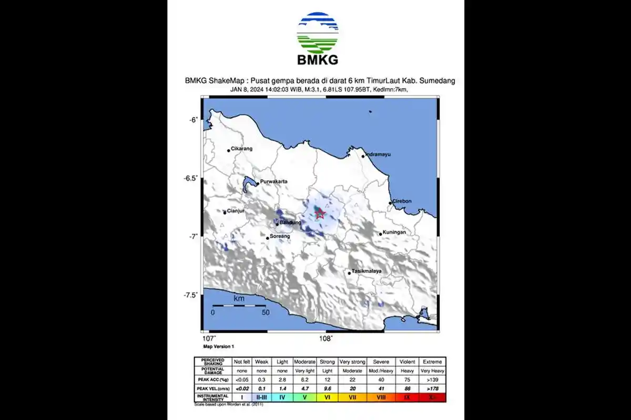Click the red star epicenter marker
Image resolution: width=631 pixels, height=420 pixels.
pyautogui.click(x=319, y=213)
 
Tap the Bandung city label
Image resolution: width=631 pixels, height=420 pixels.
pyautogui.click(x=290, y=223)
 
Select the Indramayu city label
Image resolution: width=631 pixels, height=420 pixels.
pyautogui.click(x=379, y=155)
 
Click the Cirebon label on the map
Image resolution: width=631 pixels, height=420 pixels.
pyautogui.click(x=402, y=201)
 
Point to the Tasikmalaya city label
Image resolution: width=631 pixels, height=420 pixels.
pyautogui.click(x=366, y=271)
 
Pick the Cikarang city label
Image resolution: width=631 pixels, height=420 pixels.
pyautogui.click(x=242, y=149)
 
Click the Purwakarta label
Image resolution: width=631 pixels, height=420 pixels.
pyautogui.click(x=274, y=181)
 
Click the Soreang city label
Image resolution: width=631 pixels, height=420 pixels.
pyautogui.click(x=280, y=237)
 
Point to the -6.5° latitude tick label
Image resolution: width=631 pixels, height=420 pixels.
pyautogui.click(x=190, y=178)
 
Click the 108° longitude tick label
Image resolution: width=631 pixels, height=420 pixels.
pyautogui.click(x=326, y=338)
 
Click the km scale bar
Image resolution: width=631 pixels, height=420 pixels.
pyautogui.click(x=239, y=305)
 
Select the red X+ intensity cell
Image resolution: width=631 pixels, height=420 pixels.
pyautogui.click(x=433, y=397)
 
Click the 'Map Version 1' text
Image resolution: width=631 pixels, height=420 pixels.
pyautogui.click(x=219, y=347)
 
